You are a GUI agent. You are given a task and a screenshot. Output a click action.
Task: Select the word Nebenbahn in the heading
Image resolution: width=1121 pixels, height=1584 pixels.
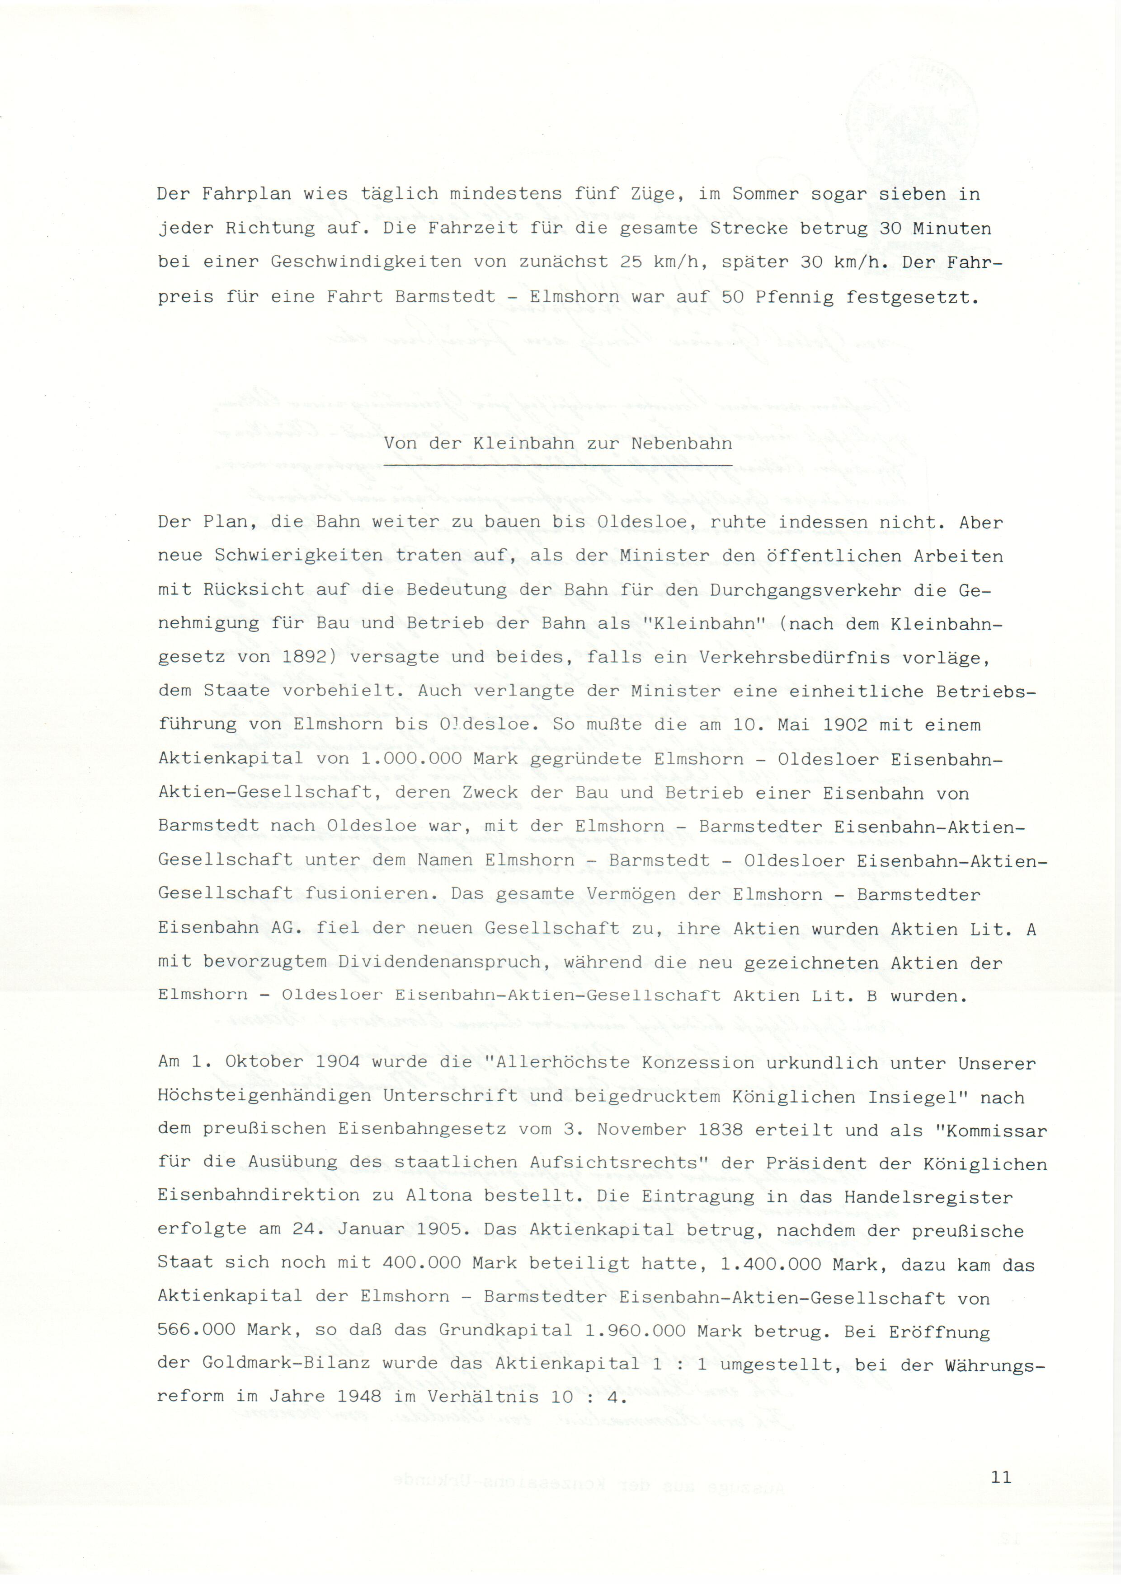(681, 444)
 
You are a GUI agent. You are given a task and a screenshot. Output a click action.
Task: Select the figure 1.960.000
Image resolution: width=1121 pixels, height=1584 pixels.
(634, 1329)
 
